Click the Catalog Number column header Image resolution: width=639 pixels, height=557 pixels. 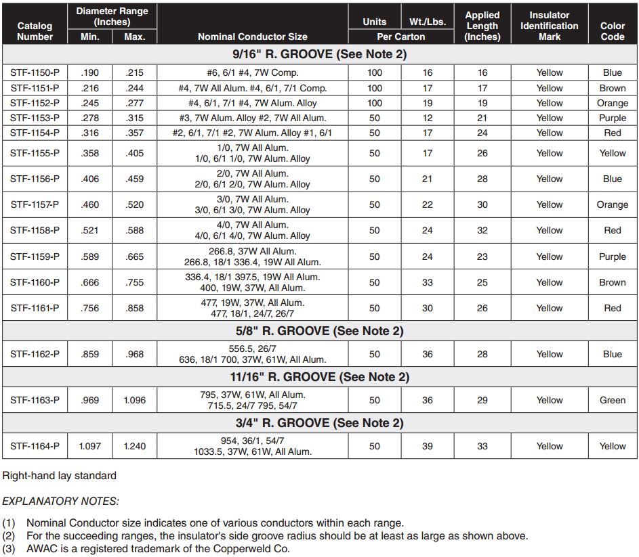pyautogui.click(x=35, y=31)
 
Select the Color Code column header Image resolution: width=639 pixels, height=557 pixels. pyautogui.click(x=612, y=31)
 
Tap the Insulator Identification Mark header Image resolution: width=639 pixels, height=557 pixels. pyautogui.click(x=549, y=26)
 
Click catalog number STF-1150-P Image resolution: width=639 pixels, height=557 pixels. pyautogui.click(x=35, y=72)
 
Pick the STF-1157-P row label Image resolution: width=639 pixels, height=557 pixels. pyautogui.click(x=35, y=204)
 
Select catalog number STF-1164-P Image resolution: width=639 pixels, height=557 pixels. pyautogui.click(x=35, y=446)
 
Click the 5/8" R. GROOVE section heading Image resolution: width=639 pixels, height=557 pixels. pyautogui.click(x=318, y=331)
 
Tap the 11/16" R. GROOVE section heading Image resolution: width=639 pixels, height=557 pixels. pyautogui.click(x=318, y=377)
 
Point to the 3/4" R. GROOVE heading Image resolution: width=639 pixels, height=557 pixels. pyautogui.click(x=318, y=423)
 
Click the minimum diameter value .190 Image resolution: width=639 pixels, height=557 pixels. pyautogui.click(x=89, y=72)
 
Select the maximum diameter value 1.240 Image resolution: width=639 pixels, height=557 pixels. pyautogui.click(x=134, y=446)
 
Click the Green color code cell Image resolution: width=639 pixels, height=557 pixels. pyautogui.click(x=612, y=400)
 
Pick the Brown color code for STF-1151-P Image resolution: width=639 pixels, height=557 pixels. pyautogui.click(x=612, y=88)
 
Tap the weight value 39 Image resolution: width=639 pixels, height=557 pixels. pyautogui.click(x=428, y=446)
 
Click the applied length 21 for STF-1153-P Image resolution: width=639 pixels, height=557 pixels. pyautogui.click(x=482, y=118)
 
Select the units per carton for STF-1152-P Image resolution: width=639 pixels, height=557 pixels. pyautogui.click(x=375, y=103)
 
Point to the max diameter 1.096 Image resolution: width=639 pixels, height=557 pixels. pyautogui.click(x=134, y=400)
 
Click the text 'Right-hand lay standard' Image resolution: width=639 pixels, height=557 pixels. pyautogui.click(x=59, y=475)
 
